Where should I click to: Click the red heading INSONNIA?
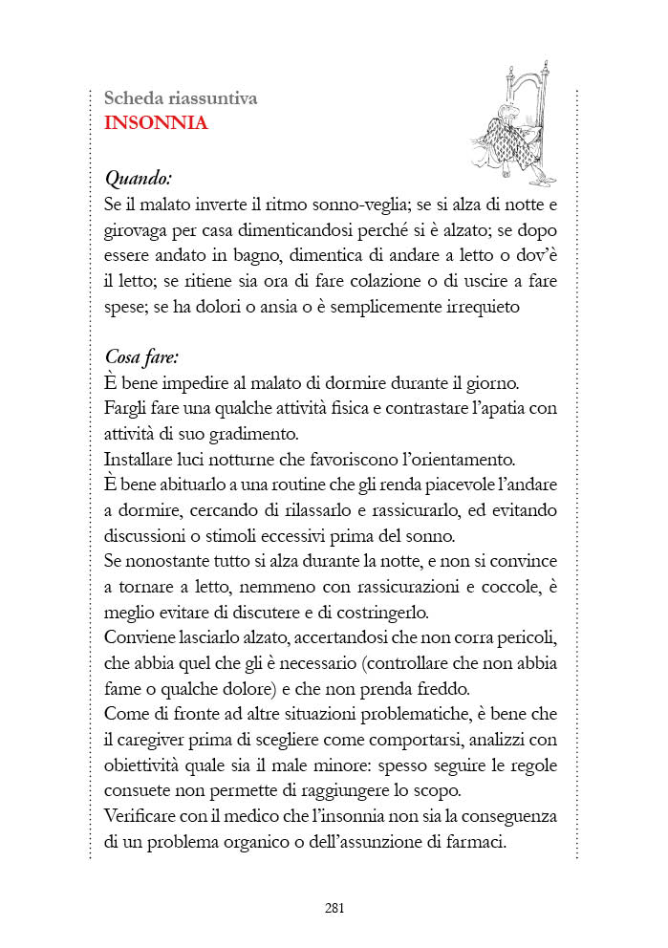pyautogui.click(x=156, y=123)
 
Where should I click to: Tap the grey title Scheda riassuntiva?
pyautogui.click(x=180, y=98)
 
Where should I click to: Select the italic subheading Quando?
pyautogui.click(x=139, y=178)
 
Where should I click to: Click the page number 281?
pyautogui.click(x=334, y=908)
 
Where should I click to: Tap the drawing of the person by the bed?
pyautogui.click(x=513, y=122)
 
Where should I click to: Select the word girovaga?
pyautogui.click(x=136, y=231)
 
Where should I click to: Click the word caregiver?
pyautogui.click(x=154, y=740)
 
